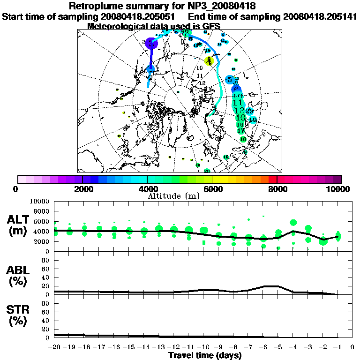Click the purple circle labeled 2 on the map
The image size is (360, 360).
(x=151, y=43)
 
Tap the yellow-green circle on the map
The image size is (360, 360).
(x=209, y=61)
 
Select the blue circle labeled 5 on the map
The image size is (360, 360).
(x=230, y=80)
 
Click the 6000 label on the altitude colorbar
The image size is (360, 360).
(x=212, y=189)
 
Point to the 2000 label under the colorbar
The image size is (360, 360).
(x=82, y=189)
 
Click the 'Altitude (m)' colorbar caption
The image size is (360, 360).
(x=180, y=195)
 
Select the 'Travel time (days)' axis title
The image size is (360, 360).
(x=205, y=356)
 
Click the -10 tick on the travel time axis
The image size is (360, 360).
(x=204, y=347)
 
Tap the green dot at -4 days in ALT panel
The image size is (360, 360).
(x=293, y=223)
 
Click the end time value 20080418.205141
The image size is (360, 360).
(x=320, y=17)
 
